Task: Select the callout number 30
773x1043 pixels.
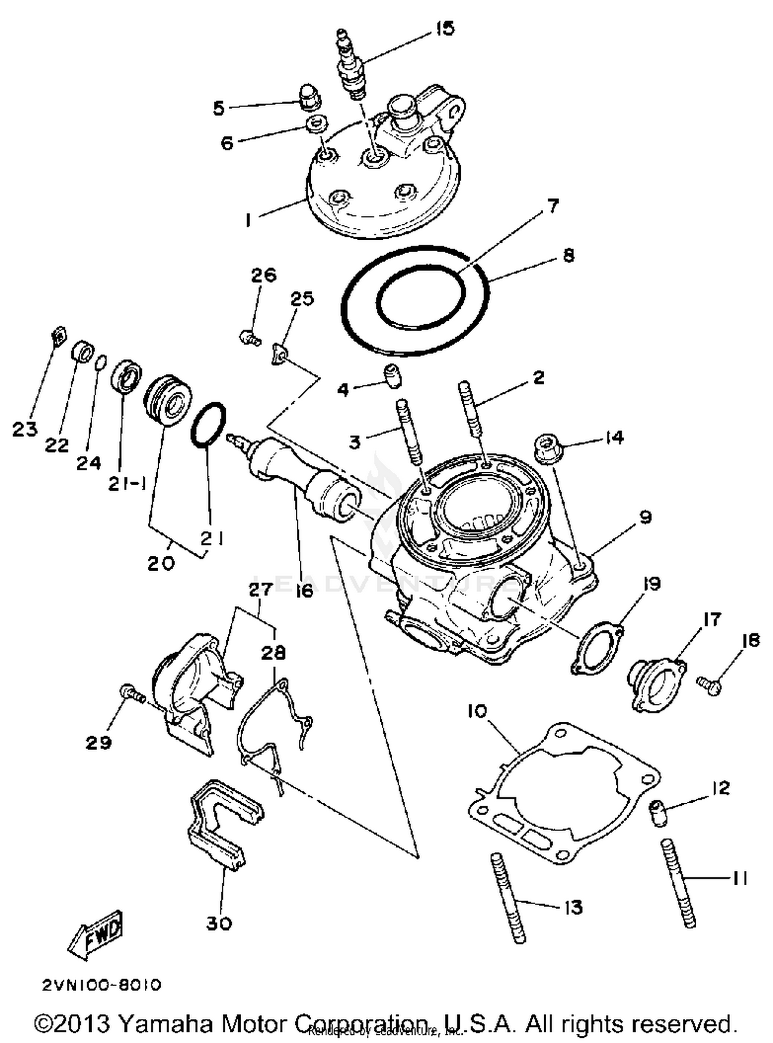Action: tap(219, 923)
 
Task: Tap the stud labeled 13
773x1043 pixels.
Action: tap(508, 898)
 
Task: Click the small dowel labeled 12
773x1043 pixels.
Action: tap(658, 812)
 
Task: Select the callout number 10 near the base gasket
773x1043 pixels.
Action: tap(477, 711)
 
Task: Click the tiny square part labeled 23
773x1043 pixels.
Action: tap(59, 336)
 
